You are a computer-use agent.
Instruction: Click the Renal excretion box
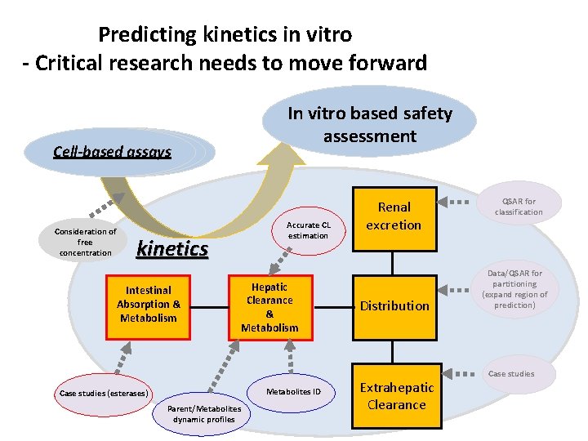click(x=394, y=216)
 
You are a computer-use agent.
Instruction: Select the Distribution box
click(x=394, y=305)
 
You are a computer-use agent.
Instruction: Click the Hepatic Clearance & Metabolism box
click(x=269, y=307)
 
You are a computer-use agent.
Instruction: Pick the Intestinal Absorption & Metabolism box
click(x=148, y=305)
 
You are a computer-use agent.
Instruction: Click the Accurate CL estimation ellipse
click(x=308, y=230)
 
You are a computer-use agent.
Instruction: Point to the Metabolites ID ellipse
click(x=293, y=391)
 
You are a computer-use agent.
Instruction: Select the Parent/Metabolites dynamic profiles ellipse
click(x=203, y=413)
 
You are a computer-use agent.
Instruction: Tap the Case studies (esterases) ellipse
click(x=104, y=394)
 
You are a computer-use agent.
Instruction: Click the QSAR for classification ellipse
click(x=519, y=207)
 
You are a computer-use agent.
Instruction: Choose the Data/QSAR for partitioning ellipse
click(x=514, y=289)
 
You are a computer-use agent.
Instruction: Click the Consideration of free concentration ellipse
click(x=86, y=242)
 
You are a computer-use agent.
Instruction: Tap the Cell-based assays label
click(x=113, y=151)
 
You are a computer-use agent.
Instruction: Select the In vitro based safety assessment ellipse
click(x=369, y=124)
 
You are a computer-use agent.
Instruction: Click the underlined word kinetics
click(x=172, y=248)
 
